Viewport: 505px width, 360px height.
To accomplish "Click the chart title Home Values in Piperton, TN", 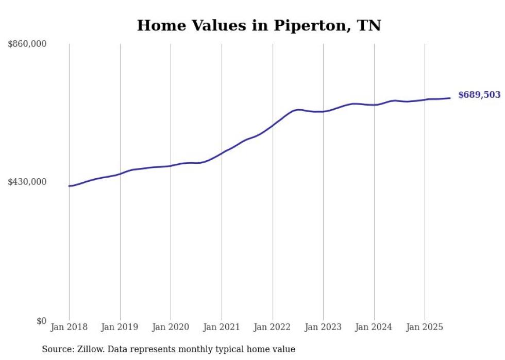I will pyautogui.click(x=259, y=26).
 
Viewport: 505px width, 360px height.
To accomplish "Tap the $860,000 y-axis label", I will pyautogui.click(x=27, y=44).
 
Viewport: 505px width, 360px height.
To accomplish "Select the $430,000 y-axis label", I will pyautogui.click(x=27, y=182).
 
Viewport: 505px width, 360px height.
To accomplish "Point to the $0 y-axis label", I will pyautogui.click(x=41, y=321).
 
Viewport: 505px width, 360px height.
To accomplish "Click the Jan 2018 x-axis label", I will pyautogui.click(x=69, y=327).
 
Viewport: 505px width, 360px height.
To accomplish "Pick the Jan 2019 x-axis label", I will pyautogui.click(x=120, y=327).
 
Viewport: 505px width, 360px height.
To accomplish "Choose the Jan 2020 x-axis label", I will pyautogui.click(x=171, y=327).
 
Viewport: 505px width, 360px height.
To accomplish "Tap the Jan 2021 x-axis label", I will pyautogui.click(x=222, y=327).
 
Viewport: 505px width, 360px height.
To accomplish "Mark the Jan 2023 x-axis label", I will pyautogui.click(x=323, y=327).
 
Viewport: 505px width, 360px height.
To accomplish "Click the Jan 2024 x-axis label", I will pyautogui.click(x=374, y=327).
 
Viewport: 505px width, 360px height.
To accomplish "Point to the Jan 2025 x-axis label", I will pyautogui.click(x=425, y=327).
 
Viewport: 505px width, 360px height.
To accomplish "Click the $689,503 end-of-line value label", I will pyautogui.click(x=479, y=95).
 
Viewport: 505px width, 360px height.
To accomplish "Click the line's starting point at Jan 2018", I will pyautogui.click(x=69, y=186).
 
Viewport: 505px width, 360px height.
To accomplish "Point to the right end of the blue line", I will pyautogui.click(x=450, y=98).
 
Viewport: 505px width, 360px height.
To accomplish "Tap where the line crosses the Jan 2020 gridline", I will pyautogui.click(x=171, y=166).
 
